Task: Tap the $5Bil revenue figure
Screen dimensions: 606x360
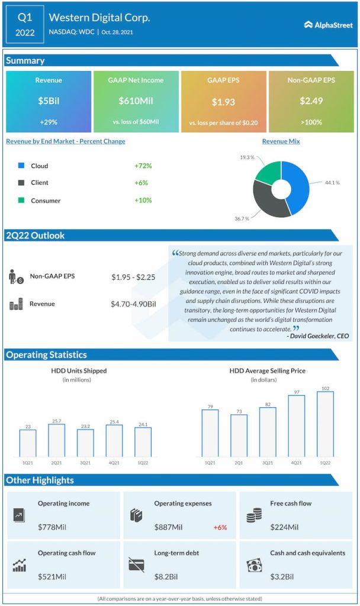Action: (49, 101)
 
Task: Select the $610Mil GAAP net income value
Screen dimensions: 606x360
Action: (136, 101)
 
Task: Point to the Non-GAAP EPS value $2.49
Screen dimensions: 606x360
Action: (311, 101)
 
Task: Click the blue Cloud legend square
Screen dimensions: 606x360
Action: (21, 166)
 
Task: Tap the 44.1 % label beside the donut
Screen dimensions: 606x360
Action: (332, 183)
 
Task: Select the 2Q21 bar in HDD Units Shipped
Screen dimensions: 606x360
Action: (56, 440)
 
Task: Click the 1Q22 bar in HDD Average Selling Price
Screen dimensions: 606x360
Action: (325, 423)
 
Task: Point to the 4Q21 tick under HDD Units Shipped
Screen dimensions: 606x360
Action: (114, 462)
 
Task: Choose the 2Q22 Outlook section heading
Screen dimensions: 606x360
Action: (36, 236)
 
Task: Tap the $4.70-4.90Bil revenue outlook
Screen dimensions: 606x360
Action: (133, 304)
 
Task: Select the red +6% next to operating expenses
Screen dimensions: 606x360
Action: (220, 527)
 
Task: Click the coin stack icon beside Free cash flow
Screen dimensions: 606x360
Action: (254, 514)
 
